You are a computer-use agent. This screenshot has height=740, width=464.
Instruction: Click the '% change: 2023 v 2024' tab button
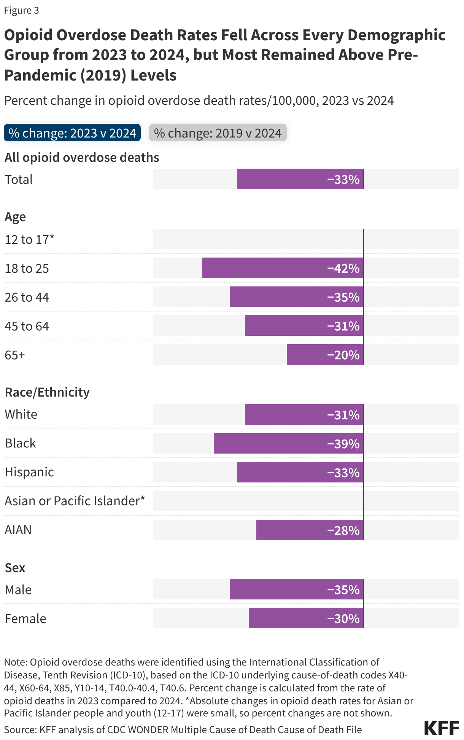[72, 133]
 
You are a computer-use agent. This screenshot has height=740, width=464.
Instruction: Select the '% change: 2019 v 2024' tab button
[218, 133]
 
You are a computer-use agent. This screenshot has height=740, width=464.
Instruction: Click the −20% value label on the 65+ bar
[343, 355]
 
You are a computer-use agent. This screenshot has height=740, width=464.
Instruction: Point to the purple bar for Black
[266, 443]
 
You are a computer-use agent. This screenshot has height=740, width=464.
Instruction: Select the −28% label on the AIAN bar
[343, 530]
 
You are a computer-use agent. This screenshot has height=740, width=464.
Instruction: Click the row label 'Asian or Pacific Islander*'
[75, 501]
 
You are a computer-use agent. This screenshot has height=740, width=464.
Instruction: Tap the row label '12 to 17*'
[30, 239]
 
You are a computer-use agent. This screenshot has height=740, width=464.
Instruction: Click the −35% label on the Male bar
[343, 590]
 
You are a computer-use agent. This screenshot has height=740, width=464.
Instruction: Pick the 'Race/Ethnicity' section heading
[47, 392]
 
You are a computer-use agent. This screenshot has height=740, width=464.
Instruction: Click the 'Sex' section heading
[15, 568]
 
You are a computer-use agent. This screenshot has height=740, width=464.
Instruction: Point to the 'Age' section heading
[15, 217]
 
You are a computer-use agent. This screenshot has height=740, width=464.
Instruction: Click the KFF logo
[442, 728]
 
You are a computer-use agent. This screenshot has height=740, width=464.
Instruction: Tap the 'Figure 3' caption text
[22, 10]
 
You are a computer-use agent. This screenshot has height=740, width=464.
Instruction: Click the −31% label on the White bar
[343, 415]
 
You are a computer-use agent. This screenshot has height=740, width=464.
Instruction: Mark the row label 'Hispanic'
[29, 472]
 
